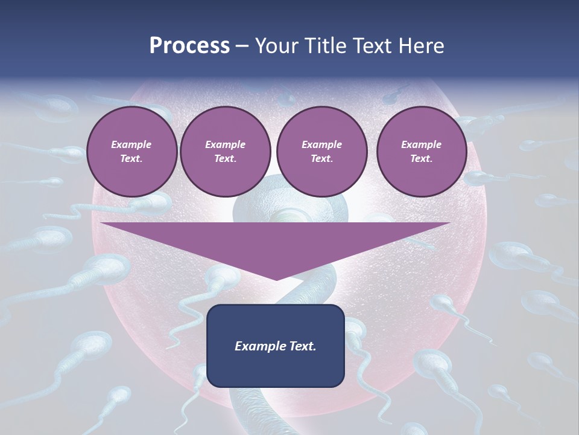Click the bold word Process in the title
[x=189, y=46]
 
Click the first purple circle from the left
[x=131, y=151]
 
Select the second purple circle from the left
[x=225, y=151]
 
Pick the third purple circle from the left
[x=321, y=151]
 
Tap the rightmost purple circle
[x=421, y=151]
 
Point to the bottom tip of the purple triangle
[x=276, y=279]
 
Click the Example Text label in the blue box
[x=275, y=346]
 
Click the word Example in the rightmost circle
[x=421, y=144]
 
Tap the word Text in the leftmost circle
[x=131, y=159]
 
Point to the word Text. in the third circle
[x=321, y=159]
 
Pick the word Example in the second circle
[x=225, y=144]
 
